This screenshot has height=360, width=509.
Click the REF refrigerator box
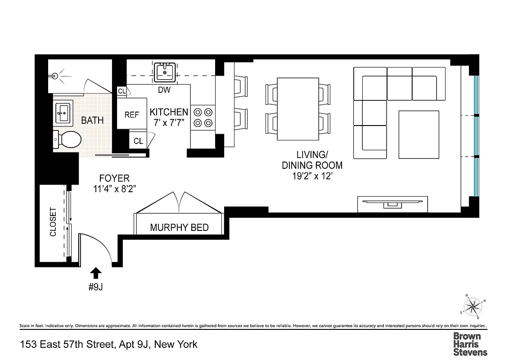pos(132,115)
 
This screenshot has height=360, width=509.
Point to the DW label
pos(164,90)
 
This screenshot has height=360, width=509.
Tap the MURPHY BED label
pos(179,227)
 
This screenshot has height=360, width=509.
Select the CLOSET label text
pos(53,222)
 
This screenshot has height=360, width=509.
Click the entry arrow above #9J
pos(95,273)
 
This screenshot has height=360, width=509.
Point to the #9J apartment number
pos(95,287)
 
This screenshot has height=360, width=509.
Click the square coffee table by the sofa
pos(419,135)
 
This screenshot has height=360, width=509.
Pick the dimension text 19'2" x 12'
pos(312,176)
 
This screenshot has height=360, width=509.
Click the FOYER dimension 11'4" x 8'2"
pos(115,189)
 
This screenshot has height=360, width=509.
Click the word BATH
pos(92,120)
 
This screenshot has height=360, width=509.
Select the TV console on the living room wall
pos(392,204)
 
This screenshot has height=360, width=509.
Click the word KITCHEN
pos(169,112)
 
